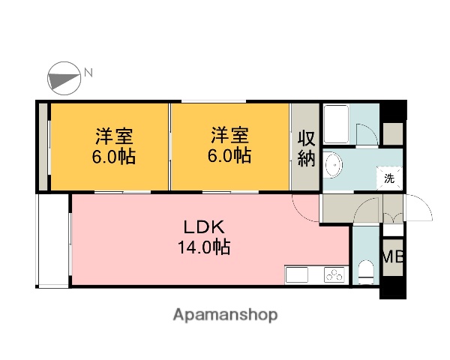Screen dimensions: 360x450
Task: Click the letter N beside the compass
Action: click(88, 73)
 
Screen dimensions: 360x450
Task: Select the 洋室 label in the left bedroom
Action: click(114, 136)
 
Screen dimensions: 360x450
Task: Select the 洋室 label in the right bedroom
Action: click(229, 136)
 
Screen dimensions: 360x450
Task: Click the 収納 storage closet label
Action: click(306, 148)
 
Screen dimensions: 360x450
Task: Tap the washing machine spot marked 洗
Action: click(389, 178)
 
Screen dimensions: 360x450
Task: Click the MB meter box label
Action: click(393, 256)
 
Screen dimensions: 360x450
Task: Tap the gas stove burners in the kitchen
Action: click(334, 275)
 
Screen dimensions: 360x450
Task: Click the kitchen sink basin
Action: click(296, 275)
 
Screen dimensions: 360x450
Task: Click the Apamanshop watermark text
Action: click(224, 315)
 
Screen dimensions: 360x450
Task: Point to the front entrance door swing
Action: click(417, 207)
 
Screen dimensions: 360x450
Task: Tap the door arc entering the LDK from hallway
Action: click(306, 207)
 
